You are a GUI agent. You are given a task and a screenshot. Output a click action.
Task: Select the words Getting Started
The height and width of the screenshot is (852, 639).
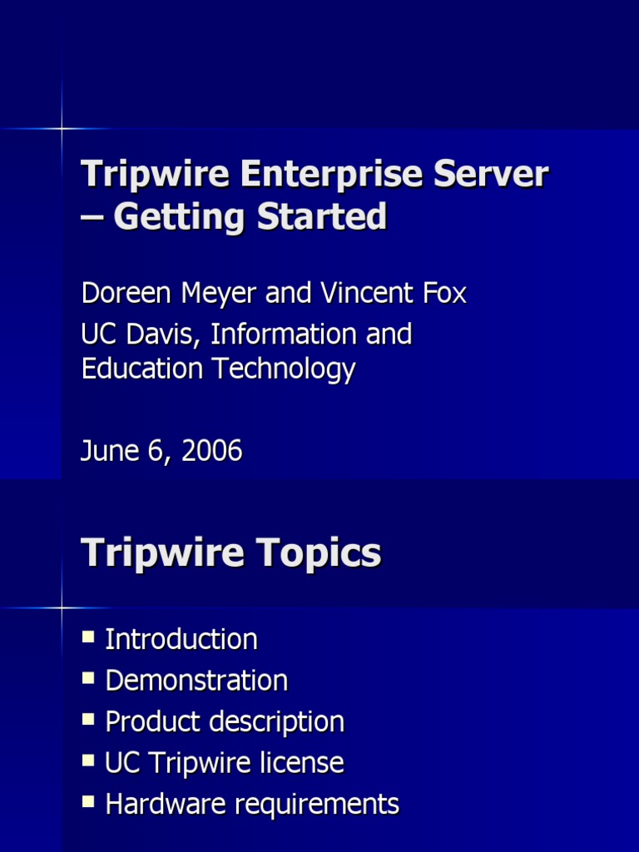pyautogui.click(x=250, y=217)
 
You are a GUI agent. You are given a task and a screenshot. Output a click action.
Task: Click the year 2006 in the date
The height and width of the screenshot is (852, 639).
pyautogui.click(x=211, y=452)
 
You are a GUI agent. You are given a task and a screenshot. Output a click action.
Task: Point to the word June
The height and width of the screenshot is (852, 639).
pyautogui.click(x=107, y=452)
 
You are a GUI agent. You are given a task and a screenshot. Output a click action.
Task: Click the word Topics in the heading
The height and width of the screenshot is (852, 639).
pyautogui.click(x=317, y=554)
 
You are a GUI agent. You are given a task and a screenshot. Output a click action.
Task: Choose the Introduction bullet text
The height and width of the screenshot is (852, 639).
pyautogui.click(x=181, y=640)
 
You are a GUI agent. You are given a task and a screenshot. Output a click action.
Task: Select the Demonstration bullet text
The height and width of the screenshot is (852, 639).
pyautogui.click(x=196, y=681)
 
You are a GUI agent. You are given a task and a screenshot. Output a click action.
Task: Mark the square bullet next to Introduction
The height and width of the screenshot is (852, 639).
pyautogui.click(x=89, y=637)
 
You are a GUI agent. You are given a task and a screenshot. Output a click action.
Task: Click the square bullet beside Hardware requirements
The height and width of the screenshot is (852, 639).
pyautogui.click(x=89, y=802)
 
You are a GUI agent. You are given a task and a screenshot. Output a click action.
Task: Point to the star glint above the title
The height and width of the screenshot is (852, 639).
pyautogui.click(x=62, y=128)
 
